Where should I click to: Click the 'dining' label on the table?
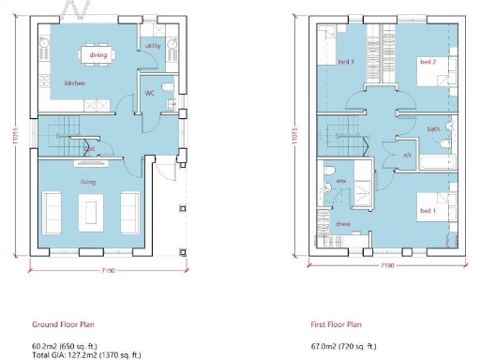(x=98, y=55)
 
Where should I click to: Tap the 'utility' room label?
(x=153, y=46)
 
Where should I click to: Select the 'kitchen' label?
(x=75, y=83)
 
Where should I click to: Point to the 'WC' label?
(x=149, y=93)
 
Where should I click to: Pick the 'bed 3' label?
(x=346, y=62)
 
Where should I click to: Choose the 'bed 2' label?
(x=427, y=62)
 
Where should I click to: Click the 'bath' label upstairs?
(x=432, y=128)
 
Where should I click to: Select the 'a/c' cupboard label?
(x=408, y=154)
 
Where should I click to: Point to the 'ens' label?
(x=341, y=180)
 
